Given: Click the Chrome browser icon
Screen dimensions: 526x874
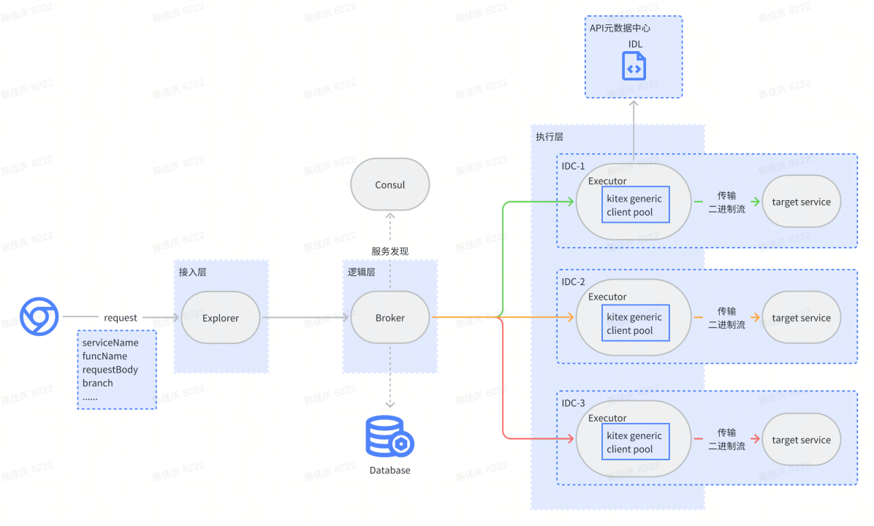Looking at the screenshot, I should (x=39, y=316).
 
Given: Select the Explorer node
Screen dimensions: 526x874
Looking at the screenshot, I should (x=221, y=318).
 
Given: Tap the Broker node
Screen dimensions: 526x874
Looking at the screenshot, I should (x=390, y=318).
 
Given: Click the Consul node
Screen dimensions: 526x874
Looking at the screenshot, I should (x=390, y=185).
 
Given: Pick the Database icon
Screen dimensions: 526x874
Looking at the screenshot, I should (x=389, y=436).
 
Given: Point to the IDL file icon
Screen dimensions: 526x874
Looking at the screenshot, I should (x=634, y=66).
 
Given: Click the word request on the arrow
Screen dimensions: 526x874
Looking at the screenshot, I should (x=121, y=318).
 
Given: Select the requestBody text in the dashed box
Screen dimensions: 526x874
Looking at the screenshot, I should (x=110, y=370).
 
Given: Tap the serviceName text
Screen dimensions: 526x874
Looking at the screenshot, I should (x=110, y=343).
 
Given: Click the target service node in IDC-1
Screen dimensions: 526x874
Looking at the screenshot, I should (x=801, y=202).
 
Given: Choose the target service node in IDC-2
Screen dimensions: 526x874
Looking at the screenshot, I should (x=801, y=318).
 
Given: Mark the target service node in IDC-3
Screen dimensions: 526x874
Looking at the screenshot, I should (x=801, y=440).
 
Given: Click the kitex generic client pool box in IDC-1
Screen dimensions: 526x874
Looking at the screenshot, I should (x=634, y=205).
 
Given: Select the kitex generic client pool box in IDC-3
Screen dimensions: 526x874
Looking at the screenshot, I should (x=634, y=443).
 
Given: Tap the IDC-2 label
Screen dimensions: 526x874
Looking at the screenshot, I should (x=574, y=282).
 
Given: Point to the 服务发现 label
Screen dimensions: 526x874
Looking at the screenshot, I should (x=389, y=251).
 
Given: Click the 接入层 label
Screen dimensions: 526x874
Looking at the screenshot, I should (x=192, y=272).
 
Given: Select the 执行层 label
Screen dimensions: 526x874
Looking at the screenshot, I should (x=550, y=137).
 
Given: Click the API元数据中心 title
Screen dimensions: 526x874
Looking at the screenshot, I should (x=620, y=28).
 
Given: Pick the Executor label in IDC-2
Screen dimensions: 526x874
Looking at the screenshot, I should (x=607, y=297).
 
